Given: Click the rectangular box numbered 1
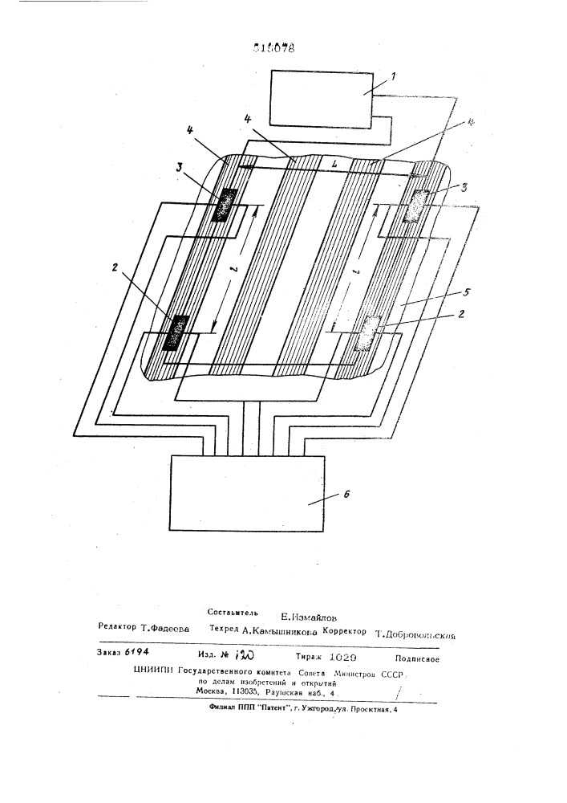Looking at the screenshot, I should [x=321, y=98].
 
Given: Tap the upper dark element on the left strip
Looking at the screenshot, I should [x=225, y=205].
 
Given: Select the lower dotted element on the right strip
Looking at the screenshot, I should [x=369, y=332].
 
